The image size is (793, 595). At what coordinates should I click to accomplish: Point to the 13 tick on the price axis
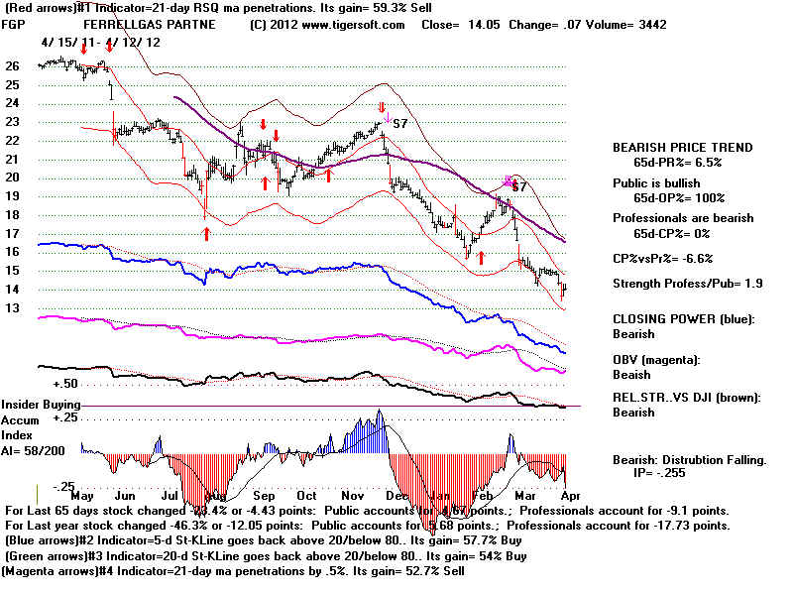[x=13, y=308]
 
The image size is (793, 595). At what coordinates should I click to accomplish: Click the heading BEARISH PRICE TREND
[x=683, y=147]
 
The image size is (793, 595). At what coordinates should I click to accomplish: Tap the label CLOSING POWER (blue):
[x=683, y=318]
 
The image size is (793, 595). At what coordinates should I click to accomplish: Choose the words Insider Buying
[x=40, y=406]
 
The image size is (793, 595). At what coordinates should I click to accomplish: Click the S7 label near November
[x=400, y=124]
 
